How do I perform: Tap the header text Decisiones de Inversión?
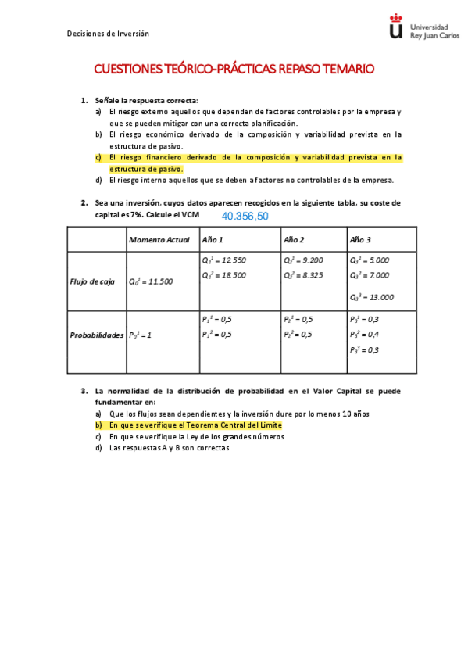pyautogui.click(x=108, y=34)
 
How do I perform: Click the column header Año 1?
pyautogui.click(x=213, y=239)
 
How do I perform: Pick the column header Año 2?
pyautogui.click(x=294, y=239)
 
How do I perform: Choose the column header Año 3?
pyautogui.click(x=360, y=239)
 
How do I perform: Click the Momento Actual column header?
pyautogui.click(x=159, y=239)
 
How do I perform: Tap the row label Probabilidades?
pyautogui.click(x=95, y=335)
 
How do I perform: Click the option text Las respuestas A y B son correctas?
pyautogui.click(x=169, y=448)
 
